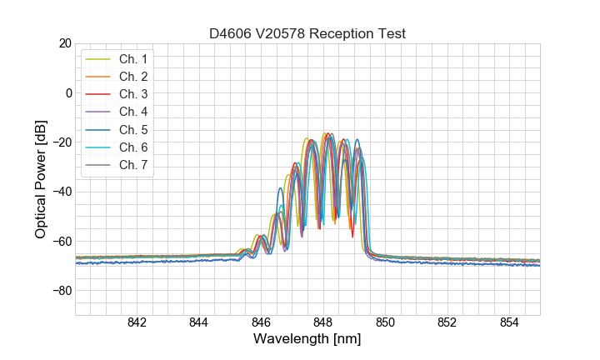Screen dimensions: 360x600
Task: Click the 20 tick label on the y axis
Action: (64, 43)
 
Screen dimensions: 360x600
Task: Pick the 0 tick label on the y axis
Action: (68, 92)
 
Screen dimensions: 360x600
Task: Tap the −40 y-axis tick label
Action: (61, 192)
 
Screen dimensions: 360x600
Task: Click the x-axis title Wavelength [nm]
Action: (307, 340)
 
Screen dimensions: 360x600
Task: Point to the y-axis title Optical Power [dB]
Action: (41, 179)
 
